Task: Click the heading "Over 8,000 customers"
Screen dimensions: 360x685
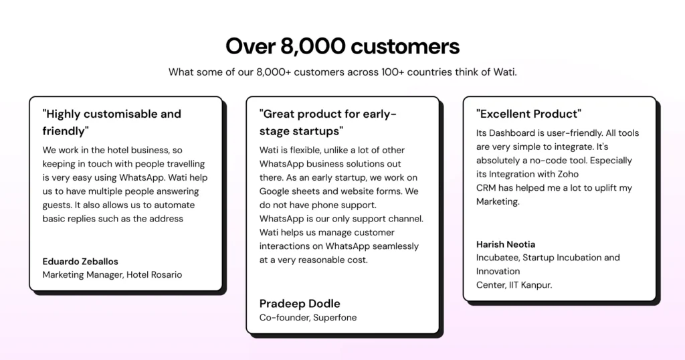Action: tap(342, 46)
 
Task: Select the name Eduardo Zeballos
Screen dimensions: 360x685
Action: tap(80, 261)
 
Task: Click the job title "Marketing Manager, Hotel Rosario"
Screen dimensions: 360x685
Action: tap(112, 274)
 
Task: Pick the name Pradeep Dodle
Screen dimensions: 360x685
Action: tap(300, 303)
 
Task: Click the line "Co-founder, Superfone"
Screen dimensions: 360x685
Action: tap(308, 317)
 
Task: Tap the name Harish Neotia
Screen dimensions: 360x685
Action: tap(506, 244)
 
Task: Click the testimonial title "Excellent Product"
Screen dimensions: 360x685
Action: tap(528, 114)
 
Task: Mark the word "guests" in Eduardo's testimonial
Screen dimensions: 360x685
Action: tap(58, 205)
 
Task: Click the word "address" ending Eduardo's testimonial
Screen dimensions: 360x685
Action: tap(166, 219)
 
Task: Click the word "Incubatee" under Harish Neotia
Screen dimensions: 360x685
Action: tap(497, 258)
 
